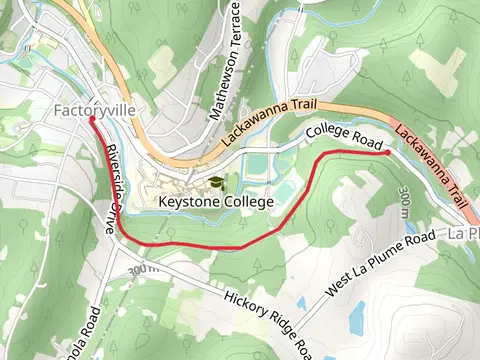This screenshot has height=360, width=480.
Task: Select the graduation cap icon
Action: click(x=216, y=184)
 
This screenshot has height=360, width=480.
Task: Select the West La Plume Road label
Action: click(x=381, y=263)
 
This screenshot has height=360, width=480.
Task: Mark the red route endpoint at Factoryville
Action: click(x=92, y=119)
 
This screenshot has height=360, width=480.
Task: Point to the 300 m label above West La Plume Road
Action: click(x=404, y=202)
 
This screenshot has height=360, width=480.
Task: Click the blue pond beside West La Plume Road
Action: click(x=356, y=318)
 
